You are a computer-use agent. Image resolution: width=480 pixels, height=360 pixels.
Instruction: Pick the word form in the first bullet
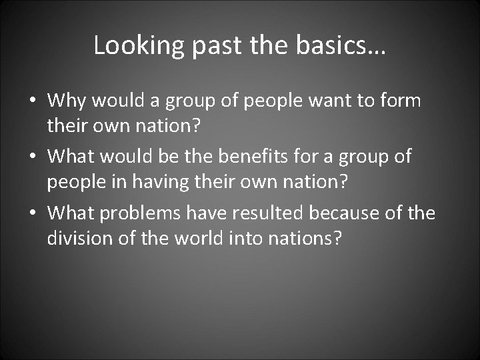(400, 101)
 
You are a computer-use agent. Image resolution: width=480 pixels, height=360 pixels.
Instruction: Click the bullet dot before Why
(32, 102)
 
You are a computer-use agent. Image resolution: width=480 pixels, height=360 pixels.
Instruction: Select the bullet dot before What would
(32, 158)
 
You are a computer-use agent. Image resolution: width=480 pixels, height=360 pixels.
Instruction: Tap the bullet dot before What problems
(32, 214)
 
